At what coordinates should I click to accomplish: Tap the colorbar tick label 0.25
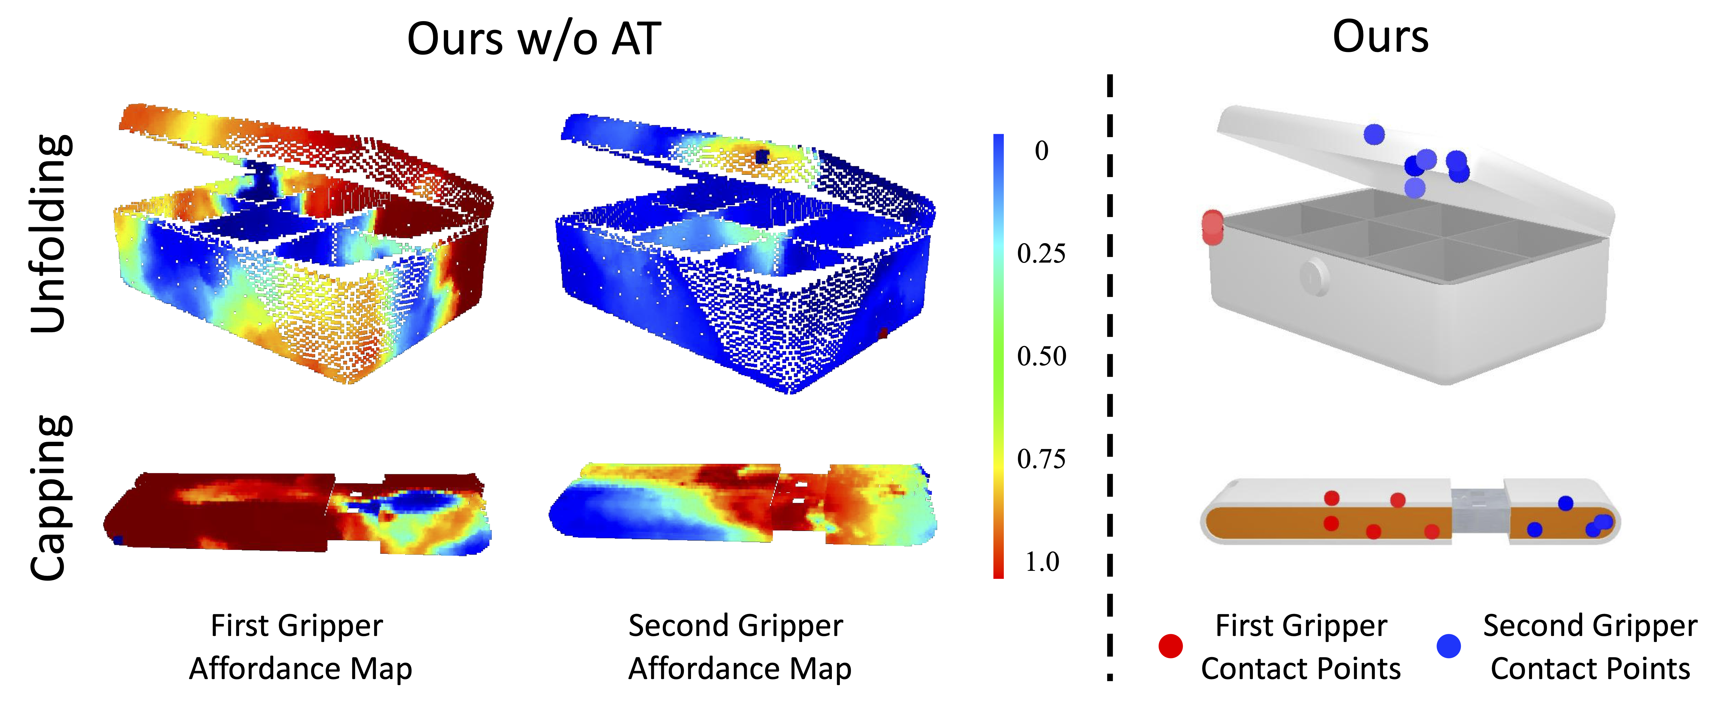[1041, 254]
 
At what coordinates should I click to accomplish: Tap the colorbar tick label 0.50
[1041, 356]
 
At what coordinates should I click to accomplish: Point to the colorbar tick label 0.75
[1041, 459]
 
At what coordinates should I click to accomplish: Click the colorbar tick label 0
[1041, 151]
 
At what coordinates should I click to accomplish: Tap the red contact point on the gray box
[1212, 227]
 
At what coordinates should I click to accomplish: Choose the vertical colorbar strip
[998, 356]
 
